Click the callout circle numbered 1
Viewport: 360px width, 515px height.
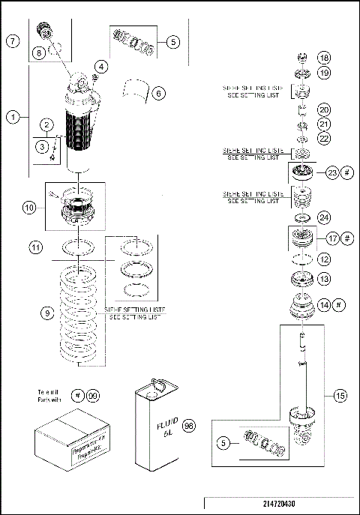point(13,116)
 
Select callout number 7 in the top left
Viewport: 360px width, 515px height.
point(13,42)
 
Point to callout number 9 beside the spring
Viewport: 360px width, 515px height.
point(47,313)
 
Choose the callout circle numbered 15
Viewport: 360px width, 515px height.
point(340,394)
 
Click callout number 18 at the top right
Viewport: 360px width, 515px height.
point(323,58)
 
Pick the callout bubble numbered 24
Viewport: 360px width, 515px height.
point(323,218)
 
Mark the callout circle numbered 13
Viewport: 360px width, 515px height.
point(323,279)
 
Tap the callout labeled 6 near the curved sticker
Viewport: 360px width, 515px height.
point(158,94)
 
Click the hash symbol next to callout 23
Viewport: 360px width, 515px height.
point(346,171)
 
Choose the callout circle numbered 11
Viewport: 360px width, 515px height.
point(34,246)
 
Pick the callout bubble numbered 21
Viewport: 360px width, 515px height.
point(323,124)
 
